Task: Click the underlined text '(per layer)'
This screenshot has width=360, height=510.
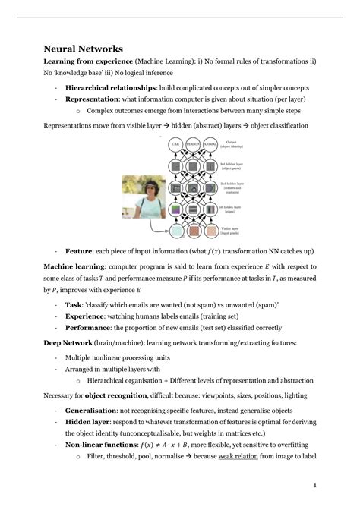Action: coord(292,99)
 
